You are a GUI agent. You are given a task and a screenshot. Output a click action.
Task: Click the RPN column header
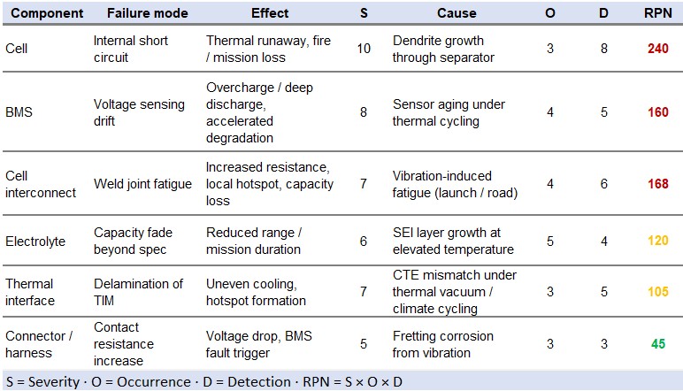657,13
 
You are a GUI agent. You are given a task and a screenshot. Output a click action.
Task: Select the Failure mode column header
147,13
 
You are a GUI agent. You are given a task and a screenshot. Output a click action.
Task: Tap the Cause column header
457,13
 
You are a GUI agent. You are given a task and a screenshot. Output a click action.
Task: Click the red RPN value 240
657,49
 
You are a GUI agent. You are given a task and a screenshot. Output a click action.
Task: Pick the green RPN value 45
658,344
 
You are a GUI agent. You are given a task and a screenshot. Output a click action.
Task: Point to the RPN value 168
657,184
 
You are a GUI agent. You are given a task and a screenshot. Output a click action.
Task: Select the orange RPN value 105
657,291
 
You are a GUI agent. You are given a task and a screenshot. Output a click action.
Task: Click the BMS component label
19,111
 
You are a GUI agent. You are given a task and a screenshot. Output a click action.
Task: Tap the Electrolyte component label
35,241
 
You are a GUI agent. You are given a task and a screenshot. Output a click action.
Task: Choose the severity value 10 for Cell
364,49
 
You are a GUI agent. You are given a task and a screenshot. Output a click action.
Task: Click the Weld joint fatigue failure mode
142,184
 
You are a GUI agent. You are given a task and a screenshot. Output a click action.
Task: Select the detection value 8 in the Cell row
603,49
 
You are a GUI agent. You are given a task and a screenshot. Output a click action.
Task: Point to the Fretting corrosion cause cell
443,344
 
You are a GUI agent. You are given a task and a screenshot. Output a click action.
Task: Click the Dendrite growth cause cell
443,49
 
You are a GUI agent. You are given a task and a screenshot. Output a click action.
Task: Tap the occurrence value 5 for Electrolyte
550,241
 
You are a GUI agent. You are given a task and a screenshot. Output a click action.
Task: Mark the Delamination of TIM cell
138,292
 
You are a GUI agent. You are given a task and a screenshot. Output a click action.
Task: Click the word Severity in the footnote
54,382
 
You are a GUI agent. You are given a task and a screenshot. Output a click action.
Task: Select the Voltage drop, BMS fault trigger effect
258,344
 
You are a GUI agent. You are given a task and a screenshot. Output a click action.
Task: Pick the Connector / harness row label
39,344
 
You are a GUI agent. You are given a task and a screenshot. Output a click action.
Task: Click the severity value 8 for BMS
364,111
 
